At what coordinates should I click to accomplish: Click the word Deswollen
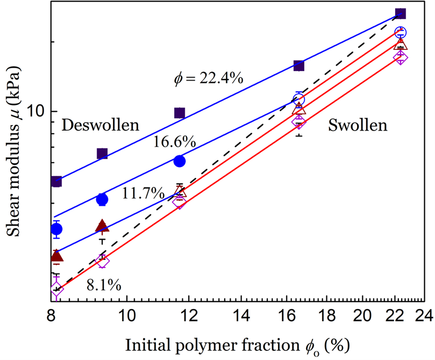101,125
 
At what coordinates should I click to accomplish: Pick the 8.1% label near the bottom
103,284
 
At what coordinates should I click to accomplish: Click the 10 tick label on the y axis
35,111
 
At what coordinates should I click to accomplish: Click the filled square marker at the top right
400,13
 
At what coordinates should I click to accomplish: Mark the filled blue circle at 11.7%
180,161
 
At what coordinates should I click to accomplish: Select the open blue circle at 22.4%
401,33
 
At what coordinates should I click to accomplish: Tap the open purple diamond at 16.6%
299,121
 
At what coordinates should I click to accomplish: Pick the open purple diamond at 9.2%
102,261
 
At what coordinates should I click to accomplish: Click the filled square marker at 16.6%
299,66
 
